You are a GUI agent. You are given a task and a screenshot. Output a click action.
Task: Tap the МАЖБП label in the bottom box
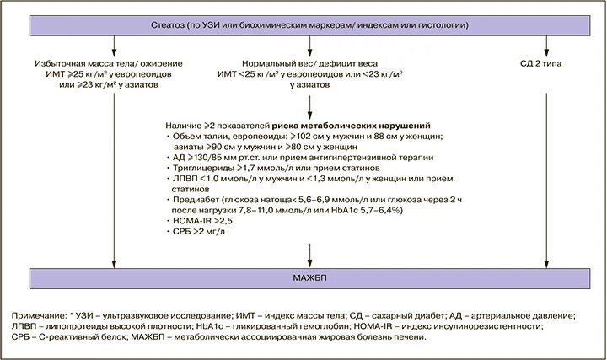303,277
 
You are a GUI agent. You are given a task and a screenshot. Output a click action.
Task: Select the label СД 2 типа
548,63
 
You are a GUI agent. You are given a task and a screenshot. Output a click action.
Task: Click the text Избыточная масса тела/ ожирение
112,63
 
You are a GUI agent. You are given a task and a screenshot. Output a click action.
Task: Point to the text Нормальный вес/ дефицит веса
310,63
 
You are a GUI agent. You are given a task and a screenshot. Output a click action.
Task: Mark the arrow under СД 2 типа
548,169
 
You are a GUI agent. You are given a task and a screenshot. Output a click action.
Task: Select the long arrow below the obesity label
112,177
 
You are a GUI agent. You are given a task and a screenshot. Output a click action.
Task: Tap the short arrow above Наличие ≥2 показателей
310,103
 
